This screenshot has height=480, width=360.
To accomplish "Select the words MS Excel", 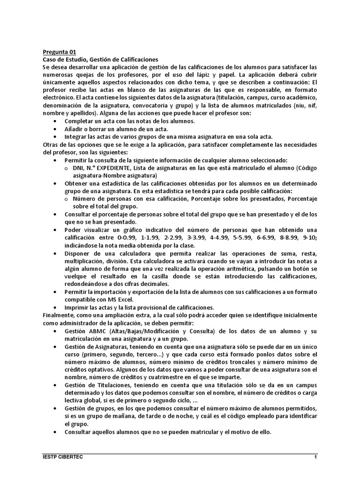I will click(x=121, y=300).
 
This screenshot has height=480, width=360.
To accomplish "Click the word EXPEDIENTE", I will click(x=116, y=168).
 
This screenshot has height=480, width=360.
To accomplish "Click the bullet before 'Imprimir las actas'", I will click(x=56, y=308).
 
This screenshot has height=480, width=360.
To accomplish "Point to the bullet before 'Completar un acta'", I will click(x=56, y=121).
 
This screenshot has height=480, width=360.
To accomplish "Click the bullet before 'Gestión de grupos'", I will click(x=56, y=408).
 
